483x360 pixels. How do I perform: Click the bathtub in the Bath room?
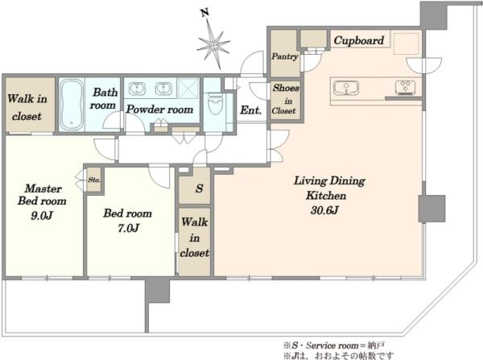(x=72, y=105)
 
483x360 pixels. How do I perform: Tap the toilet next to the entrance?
(x=215, y=104)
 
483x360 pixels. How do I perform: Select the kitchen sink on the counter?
(x=346, y=88)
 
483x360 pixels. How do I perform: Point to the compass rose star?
(x=214, y=44)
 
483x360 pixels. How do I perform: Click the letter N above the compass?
(x=204, y=13)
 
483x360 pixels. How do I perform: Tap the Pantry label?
(x=285, y=56)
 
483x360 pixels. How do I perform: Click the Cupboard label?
(x=359, y=40)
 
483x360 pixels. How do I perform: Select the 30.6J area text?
(x=324, y=210)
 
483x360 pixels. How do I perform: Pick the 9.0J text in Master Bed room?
(x=42, y=216)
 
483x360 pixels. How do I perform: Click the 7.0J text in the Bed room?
(x=129, y=228)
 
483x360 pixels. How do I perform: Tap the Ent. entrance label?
(x=250, y=110)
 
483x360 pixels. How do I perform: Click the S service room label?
(x=200, y=188)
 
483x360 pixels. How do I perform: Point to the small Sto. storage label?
(x=94, y=180)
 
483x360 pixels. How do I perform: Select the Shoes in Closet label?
(x=285, y=99)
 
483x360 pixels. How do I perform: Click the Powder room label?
(x=159, y=110)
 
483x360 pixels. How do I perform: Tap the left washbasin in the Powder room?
(x=136, y=89)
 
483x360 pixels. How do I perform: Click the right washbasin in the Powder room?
(x=163, y=89)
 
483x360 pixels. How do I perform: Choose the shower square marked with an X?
(x=188, y=88)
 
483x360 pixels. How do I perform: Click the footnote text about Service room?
(x=334, y=346)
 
